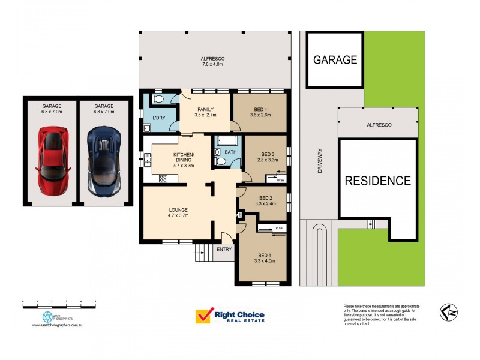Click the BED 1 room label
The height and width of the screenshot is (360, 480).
tap(264, 257)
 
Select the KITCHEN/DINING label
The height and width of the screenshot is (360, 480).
tap(184, 157)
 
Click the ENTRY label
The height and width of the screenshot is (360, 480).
tap(224, 249)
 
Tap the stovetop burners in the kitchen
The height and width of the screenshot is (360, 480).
tap(163, 179)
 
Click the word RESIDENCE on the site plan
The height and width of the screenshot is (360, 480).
tap(377, 181)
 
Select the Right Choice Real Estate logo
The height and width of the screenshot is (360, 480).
tap(230, 316)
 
